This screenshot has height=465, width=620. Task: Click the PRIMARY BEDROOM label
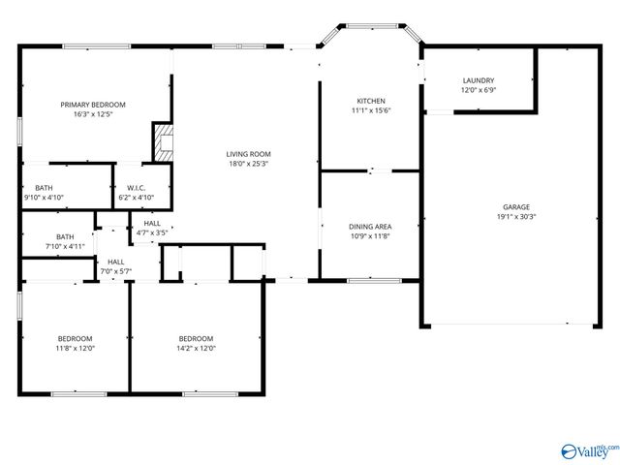(93, 105)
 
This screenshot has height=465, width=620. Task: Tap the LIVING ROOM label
(248, 154)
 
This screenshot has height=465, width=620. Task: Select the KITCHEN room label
(371, 101)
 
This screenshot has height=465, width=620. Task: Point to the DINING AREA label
(370, 227)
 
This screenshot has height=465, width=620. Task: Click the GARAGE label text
(515, 207)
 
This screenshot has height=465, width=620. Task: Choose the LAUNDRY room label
(479, 80)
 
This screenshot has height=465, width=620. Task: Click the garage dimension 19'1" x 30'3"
(515, 217)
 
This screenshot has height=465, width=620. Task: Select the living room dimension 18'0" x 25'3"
(248, 164)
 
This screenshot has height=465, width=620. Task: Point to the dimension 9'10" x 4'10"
(44, 198)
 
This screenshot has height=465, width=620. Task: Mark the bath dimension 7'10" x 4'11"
(65, 246)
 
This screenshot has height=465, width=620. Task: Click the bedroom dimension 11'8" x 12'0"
(75, 348)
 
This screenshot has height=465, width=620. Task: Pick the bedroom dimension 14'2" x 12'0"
(196, 348)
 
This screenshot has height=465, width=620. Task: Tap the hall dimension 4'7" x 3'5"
(151, 232)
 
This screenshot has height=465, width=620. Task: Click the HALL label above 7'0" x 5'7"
(115, 262)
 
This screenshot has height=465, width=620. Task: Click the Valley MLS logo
(589, 450)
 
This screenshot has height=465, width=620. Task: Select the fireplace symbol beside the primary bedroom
(163, 142)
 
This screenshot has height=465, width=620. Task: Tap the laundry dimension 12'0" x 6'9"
(479, 90)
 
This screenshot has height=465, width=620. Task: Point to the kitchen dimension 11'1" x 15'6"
(371, 110)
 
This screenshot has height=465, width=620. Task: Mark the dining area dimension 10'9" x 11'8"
(370, 236)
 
